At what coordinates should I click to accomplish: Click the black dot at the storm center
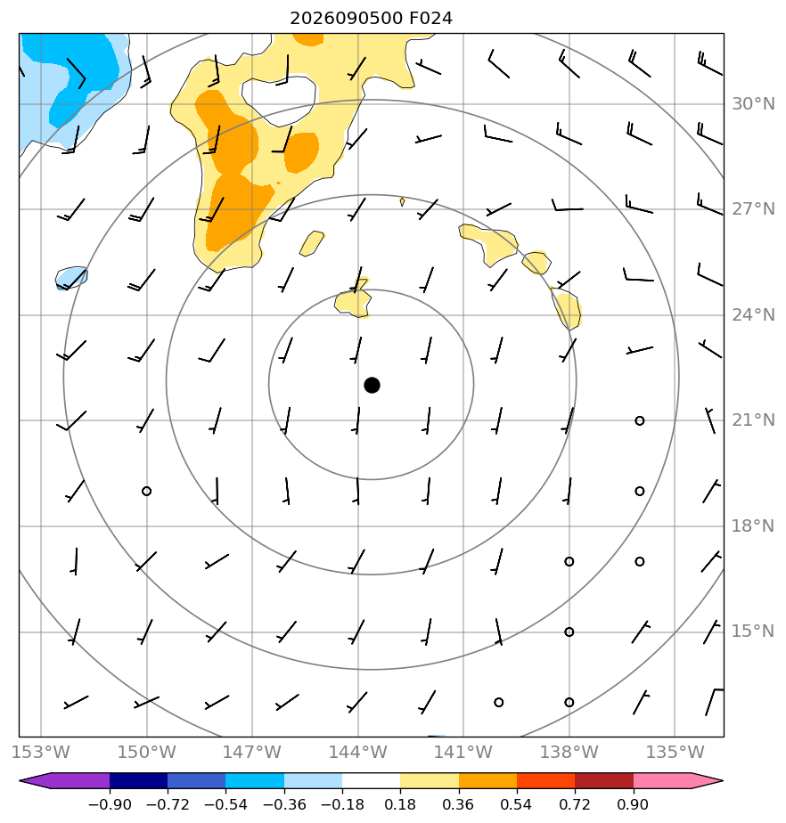click(372, 386)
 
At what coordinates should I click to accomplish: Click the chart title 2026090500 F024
click(371, 19)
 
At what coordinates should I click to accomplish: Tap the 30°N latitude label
click(753, 104)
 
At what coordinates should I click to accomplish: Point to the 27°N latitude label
click(753, 209)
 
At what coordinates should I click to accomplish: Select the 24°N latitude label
click(753, 315)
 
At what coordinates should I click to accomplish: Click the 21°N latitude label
click(753, 420)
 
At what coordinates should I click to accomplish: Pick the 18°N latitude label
click(753, 526)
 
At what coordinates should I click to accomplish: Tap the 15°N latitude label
click(753, 632)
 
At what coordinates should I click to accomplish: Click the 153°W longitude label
click(41, 752)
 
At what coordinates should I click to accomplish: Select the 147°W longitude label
click(252, 752)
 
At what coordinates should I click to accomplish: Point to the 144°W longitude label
click(358, 752)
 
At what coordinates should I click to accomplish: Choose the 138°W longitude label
click(569, 752)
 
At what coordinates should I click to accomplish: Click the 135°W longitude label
click(675, 752)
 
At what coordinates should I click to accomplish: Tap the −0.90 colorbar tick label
click(110, 804)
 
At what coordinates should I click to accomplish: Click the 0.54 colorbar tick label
click(517, 804)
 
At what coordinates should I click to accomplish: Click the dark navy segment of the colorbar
click(139, 781)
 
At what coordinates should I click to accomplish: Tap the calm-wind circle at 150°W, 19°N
click(146, 492)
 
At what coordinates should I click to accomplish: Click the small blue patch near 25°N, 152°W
click(71, 278)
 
